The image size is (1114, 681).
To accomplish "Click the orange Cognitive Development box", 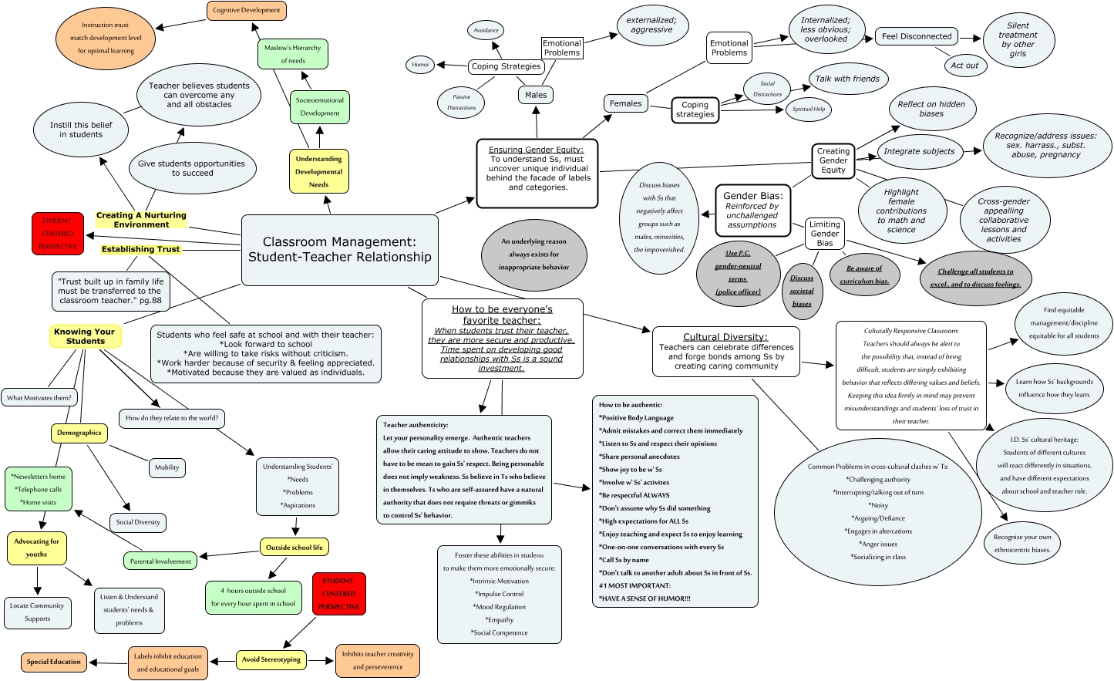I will tap(247, 11).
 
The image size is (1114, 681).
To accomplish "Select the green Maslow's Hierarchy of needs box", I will tap(293, 54).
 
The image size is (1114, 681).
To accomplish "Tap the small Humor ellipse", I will tap(420, 65).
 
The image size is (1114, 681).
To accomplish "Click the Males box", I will tap(536, 95).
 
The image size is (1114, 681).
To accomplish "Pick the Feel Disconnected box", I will tap(917, 36).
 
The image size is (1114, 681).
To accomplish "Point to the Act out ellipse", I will tap(964, 66).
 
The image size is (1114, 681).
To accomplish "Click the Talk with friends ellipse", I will tap(847, 79).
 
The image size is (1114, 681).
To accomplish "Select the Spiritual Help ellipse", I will tap(809, 109).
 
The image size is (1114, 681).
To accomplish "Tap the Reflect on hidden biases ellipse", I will tap(931, 109).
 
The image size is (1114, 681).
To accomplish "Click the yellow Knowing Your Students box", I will tap(85, 336).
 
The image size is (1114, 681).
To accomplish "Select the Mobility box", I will tap(167, 467).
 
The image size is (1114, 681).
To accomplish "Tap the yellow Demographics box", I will tap(79, 433).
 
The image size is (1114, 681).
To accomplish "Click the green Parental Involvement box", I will tap(160, 561).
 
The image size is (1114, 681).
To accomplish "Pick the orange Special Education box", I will tap(53, 662).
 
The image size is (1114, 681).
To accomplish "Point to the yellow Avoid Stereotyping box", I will tap(271, 659).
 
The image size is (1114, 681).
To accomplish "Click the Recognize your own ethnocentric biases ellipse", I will tap(1022, 543).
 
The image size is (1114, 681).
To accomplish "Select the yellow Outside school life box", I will tap(294, 548).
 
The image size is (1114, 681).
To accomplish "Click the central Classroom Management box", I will tap(340, 250).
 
